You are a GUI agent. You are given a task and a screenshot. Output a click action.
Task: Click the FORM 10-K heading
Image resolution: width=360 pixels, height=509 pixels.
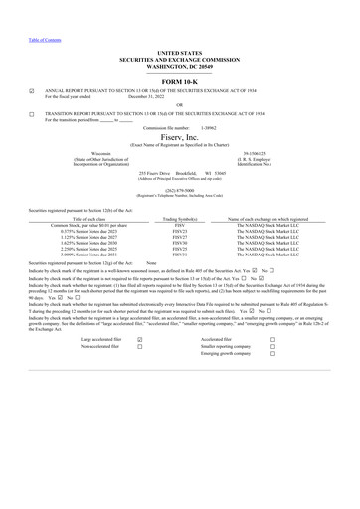[x=179, y=82]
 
